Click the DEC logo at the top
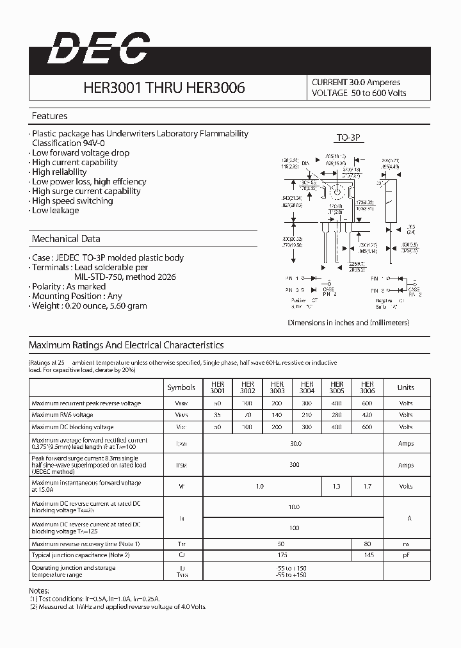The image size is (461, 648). pos(98,49)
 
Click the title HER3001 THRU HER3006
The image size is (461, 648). pos(164,88)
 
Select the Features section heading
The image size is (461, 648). pos(49,116)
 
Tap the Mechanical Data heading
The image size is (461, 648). pos(66,239)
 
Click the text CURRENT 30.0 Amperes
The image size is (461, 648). pos(356,83)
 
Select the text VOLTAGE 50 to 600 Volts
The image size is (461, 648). pos(359,93)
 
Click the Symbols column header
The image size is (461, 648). pos(181,387)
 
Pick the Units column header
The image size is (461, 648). pos(405,387)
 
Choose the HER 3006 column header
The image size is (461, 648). pos(368,387)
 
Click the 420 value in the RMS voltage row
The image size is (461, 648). pos(368,415)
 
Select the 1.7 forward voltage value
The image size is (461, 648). pos(368,487)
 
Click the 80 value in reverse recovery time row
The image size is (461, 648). pos(368,544)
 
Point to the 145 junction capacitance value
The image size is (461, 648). pos(368,555)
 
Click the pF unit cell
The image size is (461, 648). pos(405,555)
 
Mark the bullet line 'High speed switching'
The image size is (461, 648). pos(72,201)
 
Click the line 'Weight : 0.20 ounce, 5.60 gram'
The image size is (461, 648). pos(89,306)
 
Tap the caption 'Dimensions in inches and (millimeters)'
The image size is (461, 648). pos(348,323)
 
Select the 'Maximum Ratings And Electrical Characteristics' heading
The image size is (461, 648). pos(126,345)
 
